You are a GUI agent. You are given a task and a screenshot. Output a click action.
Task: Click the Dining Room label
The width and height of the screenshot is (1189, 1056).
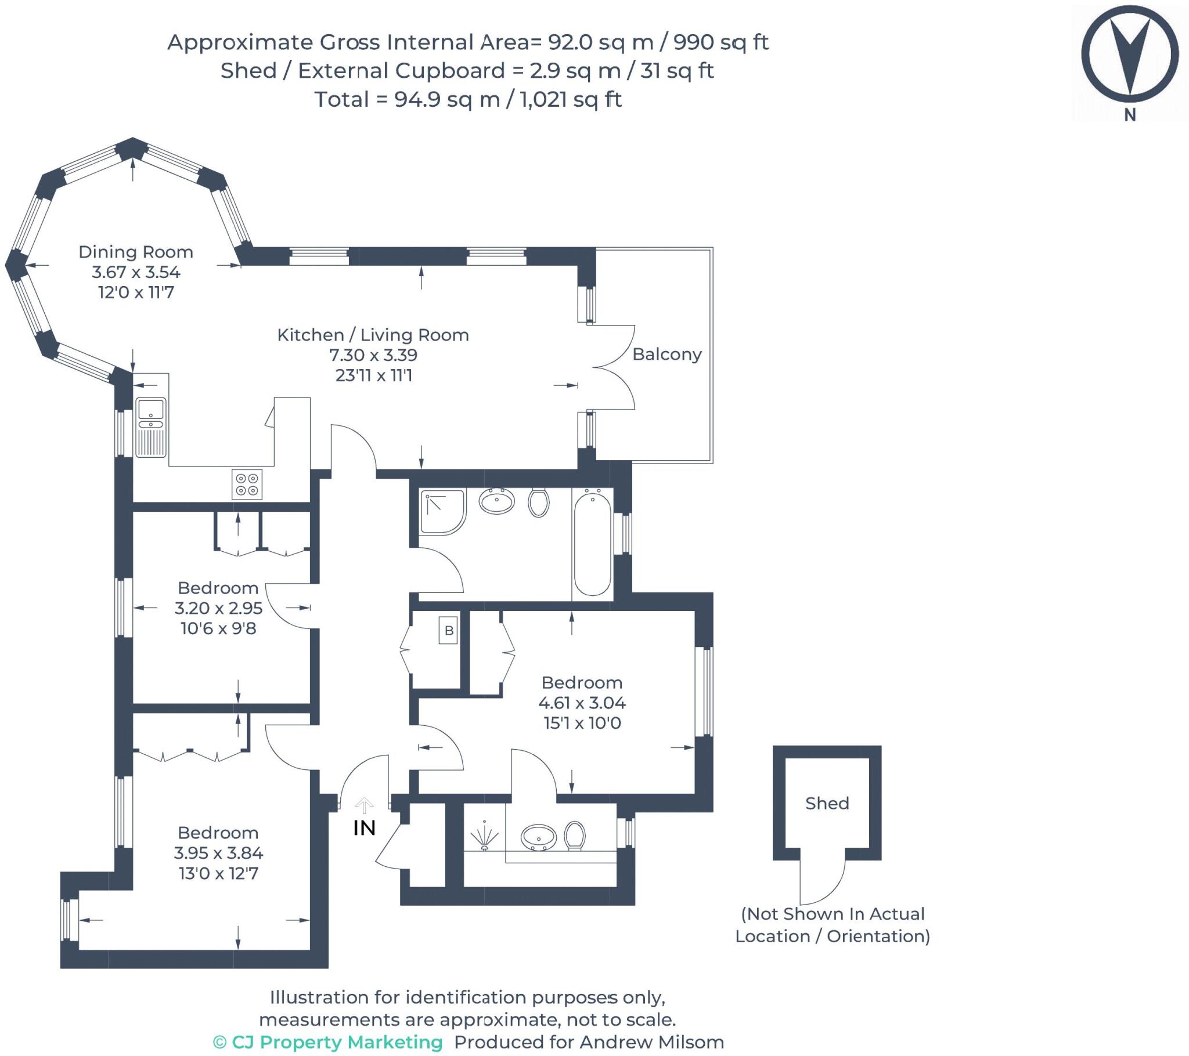pyautogui.click(x=135, y=252)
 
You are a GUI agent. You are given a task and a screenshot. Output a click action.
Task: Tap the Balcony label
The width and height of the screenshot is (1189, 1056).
pyautogui.click(x=666, y=354)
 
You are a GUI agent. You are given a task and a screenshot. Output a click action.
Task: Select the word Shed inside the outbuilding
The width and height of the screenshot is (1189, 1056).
pyautogui.click(x=827, y=803)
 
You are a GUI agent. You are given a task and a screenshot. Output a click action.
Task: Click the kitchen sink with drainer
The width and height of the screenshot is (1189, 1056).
pyautogui.click(x=151, y=428)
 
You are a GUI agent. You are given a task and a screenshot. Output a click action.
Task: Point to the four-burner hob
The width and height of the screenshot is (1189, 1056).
pyautogui.click(x=247, y=484)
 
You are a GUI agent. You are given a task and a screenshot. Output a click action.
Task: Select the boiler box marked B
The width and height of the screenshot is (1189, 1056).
pyautogui.click(x=449, y=630)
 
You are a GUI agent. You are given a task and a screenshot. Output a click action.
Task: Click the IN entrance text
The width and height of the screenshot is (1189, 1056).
pyautogui.click(x=364, y=828)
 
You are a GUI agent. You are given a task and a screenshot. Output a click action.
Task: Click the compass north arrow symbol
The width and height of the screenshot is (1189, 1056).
pyautogui.click(x=1130, y=58)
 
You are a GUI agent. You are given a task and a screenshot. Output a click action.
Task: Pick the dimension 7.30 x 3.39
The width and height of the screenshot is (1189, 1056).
pyautogui.click(x=373, y=355)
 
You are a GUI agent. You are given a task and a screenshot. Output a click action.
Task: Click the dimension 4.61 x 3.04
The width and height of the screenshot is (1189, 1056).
pyautogui.click(x=582, y=703)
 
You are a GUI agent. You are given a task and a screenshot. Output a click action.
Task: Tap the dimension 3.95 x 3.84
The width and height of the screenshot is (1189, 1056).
pyautogui.click(x=218, y=853)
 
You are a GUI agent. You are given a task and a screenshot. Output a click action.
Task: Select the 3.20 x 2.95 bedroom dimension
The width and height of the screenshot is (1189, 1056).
pyautogui.click(x=218, y=608)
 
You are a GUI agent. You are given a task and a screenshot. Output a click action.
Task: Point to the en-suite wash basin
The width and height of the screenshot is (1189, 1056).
pyautogui.click(x=539, y=837)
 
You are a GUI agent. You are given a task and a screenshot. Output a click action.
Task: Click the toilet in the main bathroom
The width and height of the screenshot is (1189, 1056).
pyautogui.click(x=539, y=502)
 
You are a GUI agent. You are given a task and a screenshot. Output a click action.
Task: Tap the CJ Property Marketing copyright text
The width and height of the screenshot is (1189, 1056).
pyautogui.click(x=328, y=1042)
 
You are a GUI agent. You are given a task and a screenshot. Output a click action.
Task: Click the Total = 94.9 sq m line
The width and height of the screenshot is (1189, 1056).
pyautogui.click(x=469, y=99)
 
